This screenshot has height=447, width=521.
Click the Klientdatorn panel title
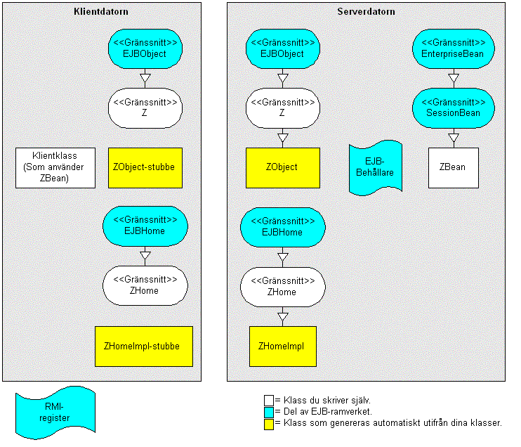101,12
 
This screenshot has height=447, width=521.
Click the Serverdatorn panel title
366,12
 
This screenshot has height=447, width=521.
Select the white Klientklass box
55,168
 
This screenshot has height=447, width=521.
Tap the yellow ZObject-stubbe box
145,168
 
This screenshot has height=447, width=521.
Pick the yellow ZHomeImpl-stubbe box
144,346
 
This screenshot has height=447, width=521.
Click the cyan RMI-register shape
55,413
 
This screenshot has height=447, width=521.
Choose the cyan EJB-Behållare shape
376,168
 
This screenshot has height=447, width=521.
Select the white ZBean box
454,168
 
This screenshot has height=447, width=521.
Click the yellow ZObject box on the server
283,168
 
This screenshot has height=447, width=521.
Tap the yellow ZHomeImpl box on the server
283,346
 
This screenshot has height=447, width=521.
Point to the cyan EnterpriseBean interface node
454,49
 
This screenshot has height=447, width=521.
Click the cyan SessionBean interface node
454,108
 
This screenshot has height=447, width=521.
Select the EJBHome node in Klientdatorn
145,226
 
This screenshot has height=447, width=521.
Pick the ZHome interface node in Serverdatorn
283,287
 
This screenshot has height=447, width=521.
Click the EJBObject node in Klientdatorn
145,49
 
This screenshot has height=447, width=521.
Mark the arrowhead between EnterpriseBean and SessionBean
454,78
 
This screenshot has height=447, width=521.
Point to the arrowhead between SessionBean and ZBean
454,138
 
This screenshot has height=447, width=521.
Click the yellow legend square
269,424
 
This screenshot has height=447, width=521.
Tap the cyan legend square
269,413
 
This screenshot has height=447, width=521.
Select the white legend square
269,401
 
